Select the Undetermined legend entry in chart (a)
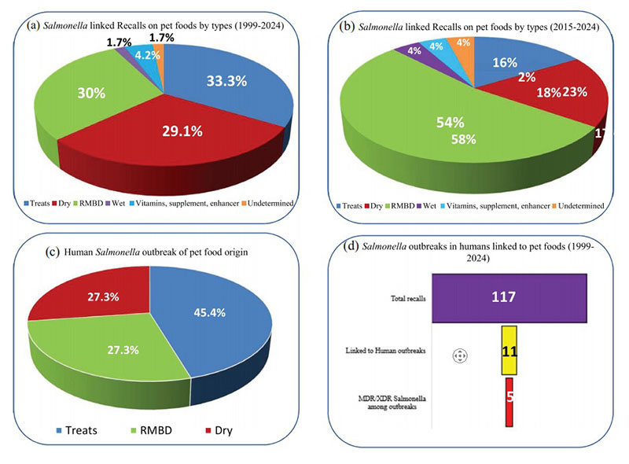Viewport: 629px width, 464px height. (x=267, y=204)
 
